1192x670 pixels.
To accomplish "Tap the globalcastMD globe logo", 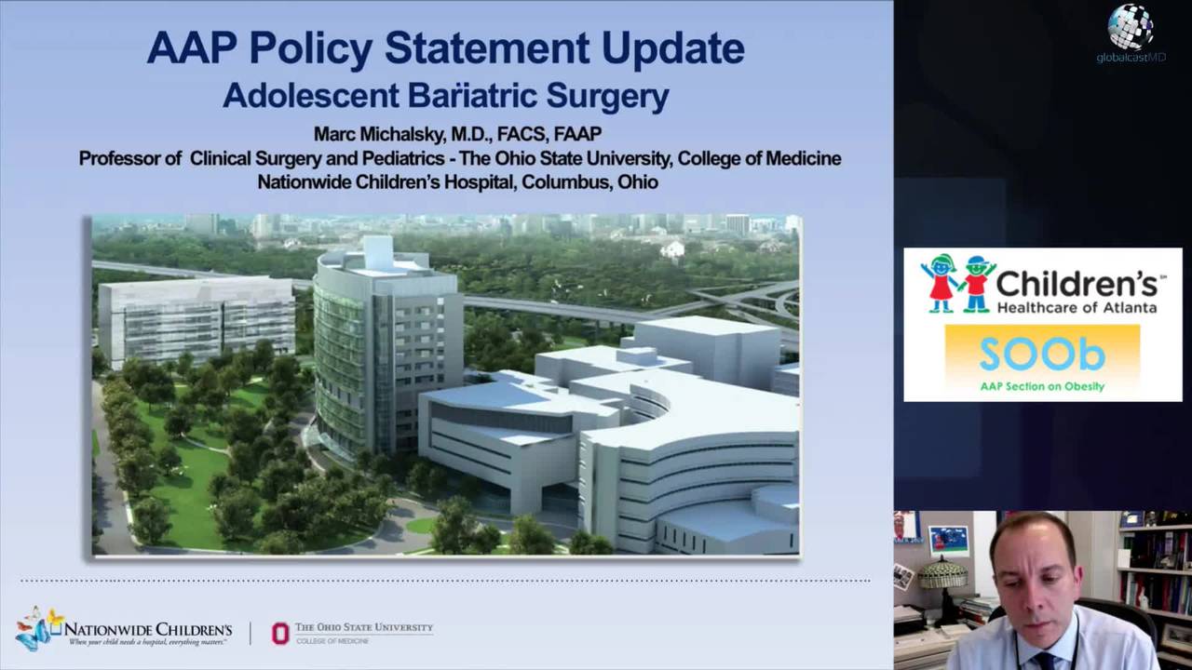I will point(1131,28).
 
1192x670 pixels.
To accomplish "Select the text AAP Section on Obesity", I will point(1042,386).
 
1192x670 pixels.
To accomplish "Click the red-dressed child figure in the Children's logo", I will point(941,282).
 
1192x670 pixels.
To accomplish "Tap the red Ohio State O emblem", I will point(280,633).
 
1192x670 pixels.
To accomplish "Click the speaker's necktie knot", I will point(1044,662).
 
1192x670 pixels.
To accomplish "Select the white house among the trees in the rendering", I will point(672,248).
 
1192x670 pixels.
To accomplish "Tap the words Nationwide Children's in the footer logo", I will point(148,629).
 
